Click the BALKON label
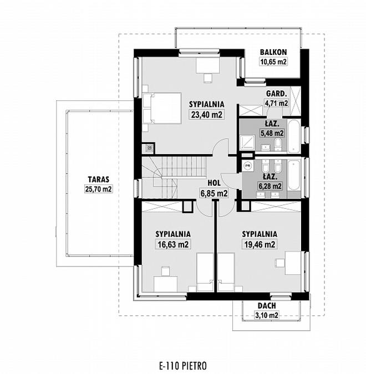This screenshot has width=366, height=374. pyautogui.click(x=273, y=52)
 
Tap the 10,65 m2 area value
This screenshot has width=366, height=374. pyautogui.click(x=273, y=62)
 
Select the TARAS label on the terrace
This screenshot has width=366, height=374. pyautogui.click(x=98, y=179)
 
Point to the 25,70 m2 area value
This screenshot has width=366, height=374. pyautogui.click(x=98, y=189)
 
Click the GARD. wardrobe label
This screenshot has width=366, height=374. pyautogui.click(x=277, y=94)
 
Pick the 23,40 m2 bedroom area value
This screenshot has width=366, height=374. pyautogui.click(x=206, y=115)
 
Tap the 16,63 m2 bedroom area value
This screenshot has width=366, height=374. pyautogui.click(x=173, y=244)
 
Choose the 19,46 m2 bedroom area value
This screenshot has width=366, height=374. pyautogui.click(x=260, y=244)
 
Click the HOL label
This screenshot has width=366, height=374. pyautogui.click(x=214, y=183)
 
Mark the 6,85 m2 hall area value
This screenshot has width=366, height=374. pyautogui.click(x=214, y=193)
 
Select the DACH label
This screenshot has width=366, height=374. pyautogui.click(x=267, y=305)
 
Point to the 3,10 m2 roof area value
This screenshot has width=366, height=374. pyautogui.click(x=267, y=316)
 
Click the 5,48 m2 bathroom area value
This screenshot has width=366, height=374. pyautogui.click(x=272, y=133)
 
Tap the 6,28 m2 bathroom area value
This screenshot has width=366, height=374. pyautogui.click(x=270, y=186)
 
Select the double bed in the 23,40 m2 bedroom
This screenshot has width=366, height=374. pyautogui.click(x=162, y=108)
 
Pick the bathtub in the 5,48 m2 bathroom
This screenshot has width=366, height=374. pyautogui.click(x=294, y=136)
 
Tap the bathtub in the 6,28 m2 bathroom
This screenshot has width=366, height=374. pyautogui.click(x=294, y=176)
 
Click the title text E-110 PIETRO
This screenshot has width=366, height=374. pyautogui.click(x=183, y=366)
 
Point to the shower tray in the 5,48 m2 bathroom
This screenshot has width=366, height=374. pyautogui.click(x=247, y=142)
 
